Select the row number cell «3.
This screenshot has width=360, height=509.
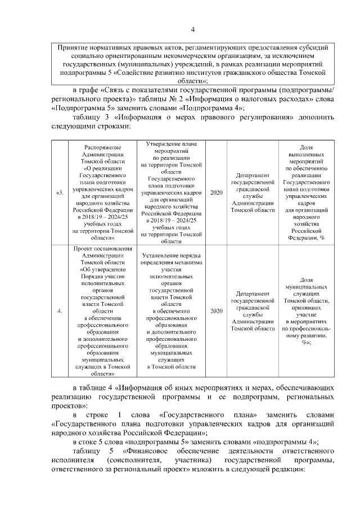60,193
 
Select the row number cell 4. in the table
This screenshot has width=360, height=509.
60,310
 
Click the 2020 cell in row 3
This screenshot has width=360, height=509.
216,193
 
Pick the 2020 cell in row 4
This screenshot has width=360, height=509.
216,310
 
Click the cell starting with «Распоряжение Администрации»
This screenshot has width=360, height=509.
98,193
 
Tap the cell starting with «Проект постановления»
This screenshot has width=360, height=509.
98,310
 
